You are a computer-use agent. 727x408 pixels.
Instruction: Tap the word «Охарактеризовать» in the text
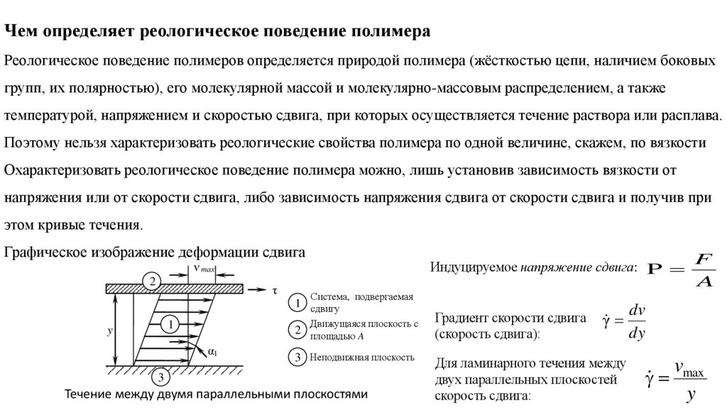tap(61, 171)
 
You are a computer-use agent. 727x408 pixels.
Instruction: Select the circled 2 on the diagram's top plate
tap(151, 281)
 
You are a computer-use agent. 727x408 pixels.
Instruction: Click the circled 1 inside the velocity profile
tap(170, 325)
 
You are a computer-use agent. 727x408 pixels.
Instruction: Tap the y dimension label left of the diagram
tap(110, 331)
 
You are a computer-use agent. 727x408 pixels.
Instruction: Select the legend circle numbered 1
tap(299, 303)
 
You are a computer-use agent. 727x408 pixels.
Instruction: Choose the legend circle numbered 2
tap(299, 330)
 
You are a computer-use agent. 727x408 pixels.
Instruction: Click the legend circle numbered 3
tap(299, 357)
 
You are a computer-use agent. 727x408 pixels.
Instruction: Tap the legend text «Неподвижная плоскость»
tap(361, 357)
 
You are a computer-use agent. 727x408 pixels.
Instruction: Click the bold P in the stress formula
tap(655, 271)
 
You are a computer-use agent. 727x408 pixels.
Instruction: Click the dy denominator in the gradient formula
tap(636, 333)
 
